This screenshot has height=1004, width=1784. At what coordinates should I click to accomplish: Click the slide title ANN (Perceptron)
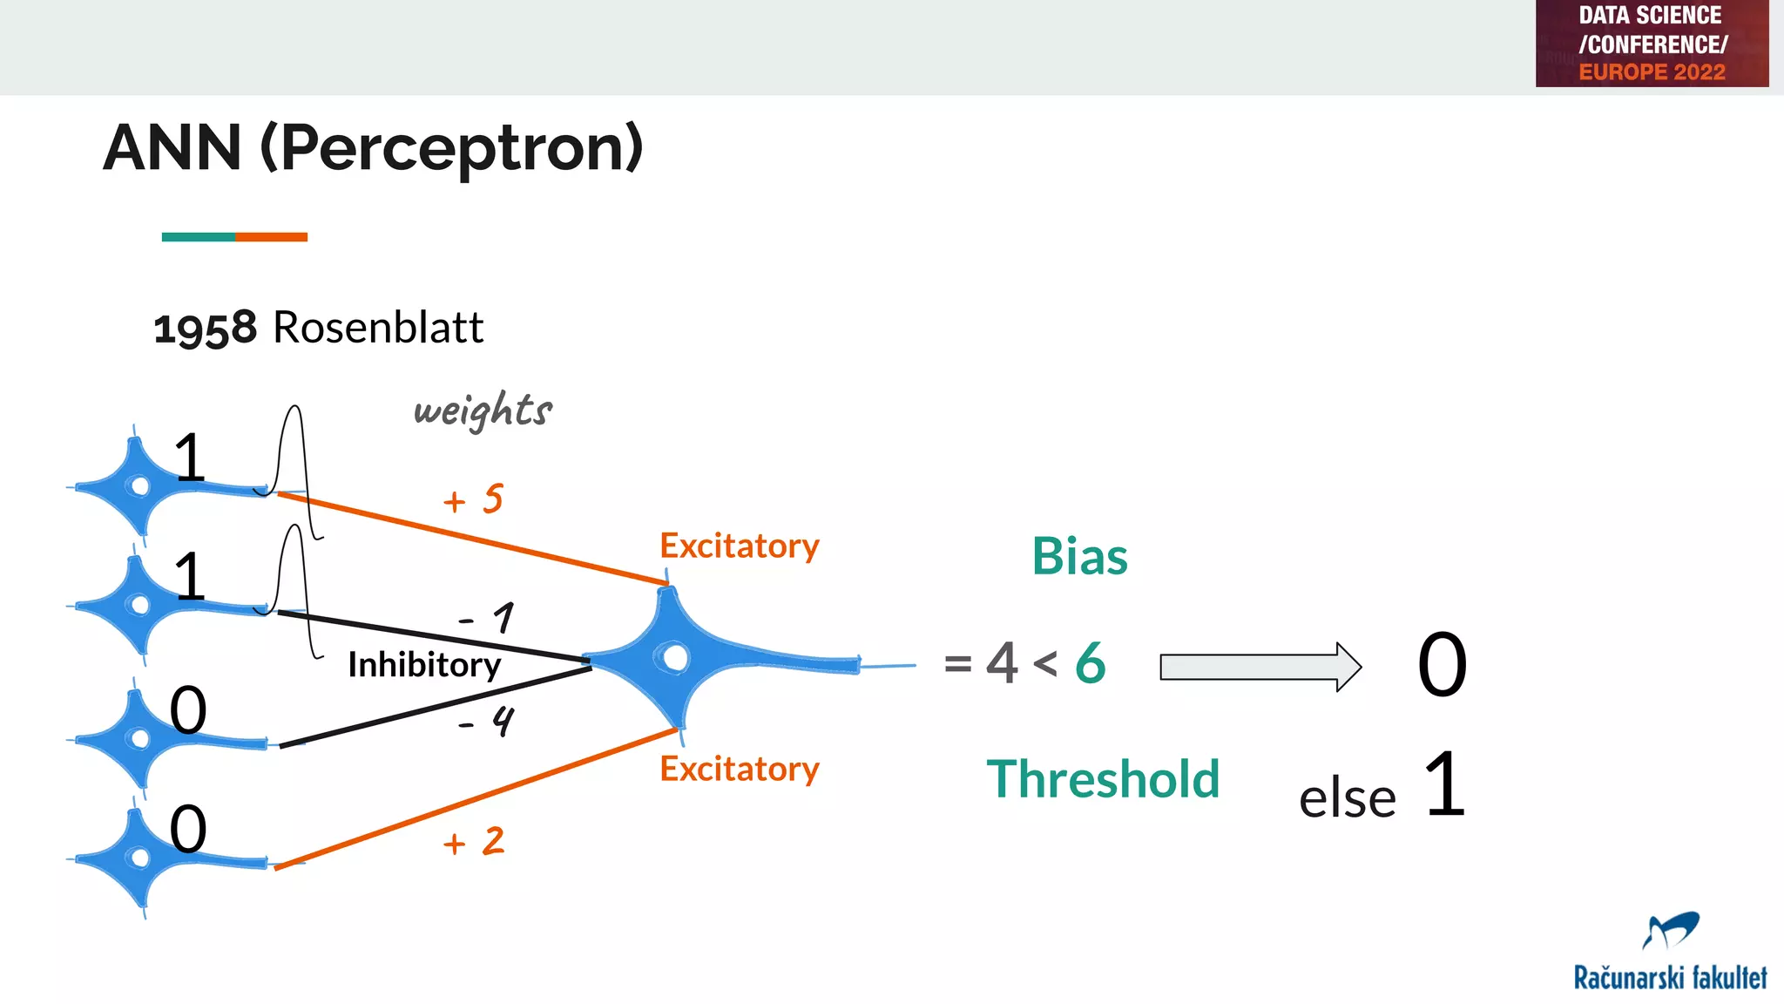[373, 148]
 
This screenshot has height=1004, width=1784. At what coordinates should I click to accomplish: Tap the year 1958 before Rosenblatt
[206, 329]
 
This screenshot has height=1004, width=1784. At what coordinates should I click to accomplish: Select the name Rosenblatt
[378, 328]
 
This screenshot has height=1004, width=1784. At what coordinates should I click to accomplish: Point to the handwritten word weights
[483, 410]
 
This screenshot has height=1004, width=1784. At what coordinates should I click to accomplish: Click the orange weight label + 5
[474, 499]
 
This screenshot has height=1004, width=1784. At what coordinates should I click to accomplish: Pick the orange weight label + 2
[474, 842]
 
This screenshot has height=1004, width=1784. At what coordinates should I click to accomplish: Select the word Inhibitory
[424, 665]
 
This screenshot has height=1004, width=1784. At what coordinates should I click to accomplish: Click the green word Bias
[1079, 556]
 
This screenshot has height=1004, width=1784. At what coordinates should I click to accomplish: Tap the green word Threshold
[1103, 778]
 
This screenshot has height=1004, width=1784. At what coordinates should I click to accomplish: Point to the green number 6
[1091, 663]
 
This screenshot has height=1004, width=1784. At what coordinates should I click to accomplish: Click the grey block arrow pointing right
[1260, 668]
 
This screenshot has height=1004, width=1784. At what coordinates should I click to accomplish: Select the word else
[1347, 798]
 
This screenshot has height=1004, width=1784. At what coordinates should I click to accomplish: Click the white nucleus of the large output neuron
[675, 657]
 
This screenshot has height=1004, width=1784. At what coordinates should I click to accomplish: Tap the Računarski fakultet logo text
[1670, 978]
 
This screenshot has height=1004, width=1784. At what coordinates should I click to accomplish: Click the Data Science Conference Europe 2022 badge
[1652, 44]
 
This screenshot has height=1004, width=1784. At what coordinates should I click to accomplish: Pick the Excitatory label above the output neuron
[740, 546]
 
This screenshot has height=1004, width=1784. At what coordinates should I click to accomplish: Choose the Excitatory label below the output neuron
[740, 769]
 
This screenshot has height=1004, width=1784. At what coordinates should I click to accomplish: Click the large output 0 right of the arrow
[1442, 665]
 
